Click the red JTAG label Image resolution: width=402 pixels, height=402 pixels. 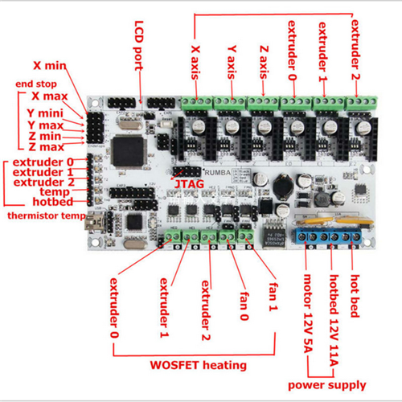[x=189, y=184]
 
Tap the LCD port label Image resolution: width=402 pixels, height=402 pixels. [x=139, y=46]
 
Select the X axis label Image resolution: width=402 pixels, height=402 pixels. [x=195, y=62]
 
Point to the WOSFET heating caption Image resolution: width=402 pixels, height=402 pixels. [x=199, y=365]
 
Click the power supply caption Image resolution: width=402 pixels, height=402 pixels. [x=327, y=385]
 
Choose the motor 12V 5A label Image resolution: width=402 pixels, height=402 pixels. [x=308, y=314]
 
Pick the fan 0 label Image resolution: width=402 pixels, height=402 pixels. [x=244, y=306]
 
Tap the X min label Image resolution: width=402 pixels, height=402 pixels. [x=50, y=65]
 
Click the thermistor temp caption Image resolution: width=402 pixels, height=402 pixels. [x=47, y=215]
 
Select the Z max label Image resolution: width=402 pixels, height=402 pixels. [x=47, y=147]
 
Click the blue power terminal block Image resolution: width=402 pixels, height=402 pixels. [x=328, y=236]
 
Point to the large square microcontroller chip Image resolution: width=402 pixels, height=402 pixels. [x=128, y=150]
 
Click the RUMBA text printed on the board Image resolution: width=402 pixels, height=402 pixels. [x=217, y=173]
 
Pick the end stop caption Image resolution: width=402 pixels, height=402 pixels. [x=36, y=84]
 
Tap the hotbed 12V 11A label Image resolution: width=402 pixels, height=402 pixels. [x=334, y=320]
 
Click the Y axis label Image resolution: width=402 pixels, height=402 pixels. [x=232, y=62]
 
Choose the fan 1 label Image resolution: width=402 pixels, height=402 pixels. [x=273, y=297]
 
